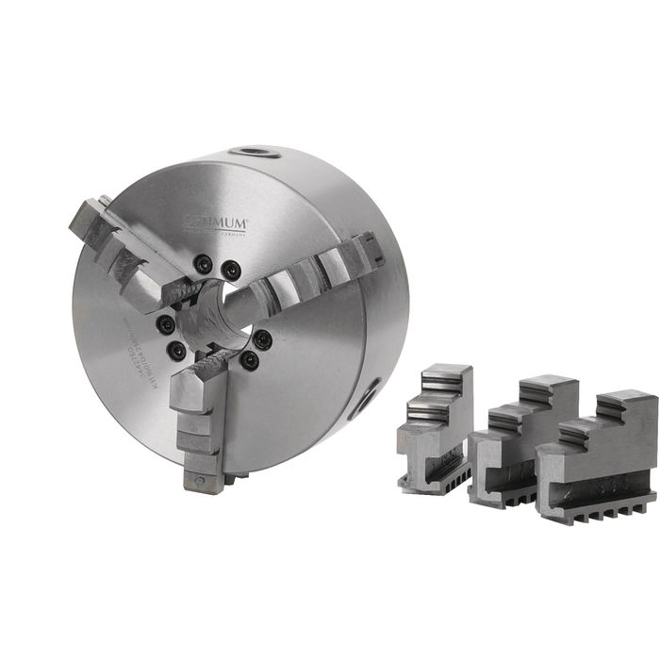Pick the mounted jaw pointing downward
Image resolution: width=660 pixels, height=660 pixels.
200,415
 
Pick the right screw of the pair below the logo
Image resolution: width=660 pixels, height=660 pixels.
229,271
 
